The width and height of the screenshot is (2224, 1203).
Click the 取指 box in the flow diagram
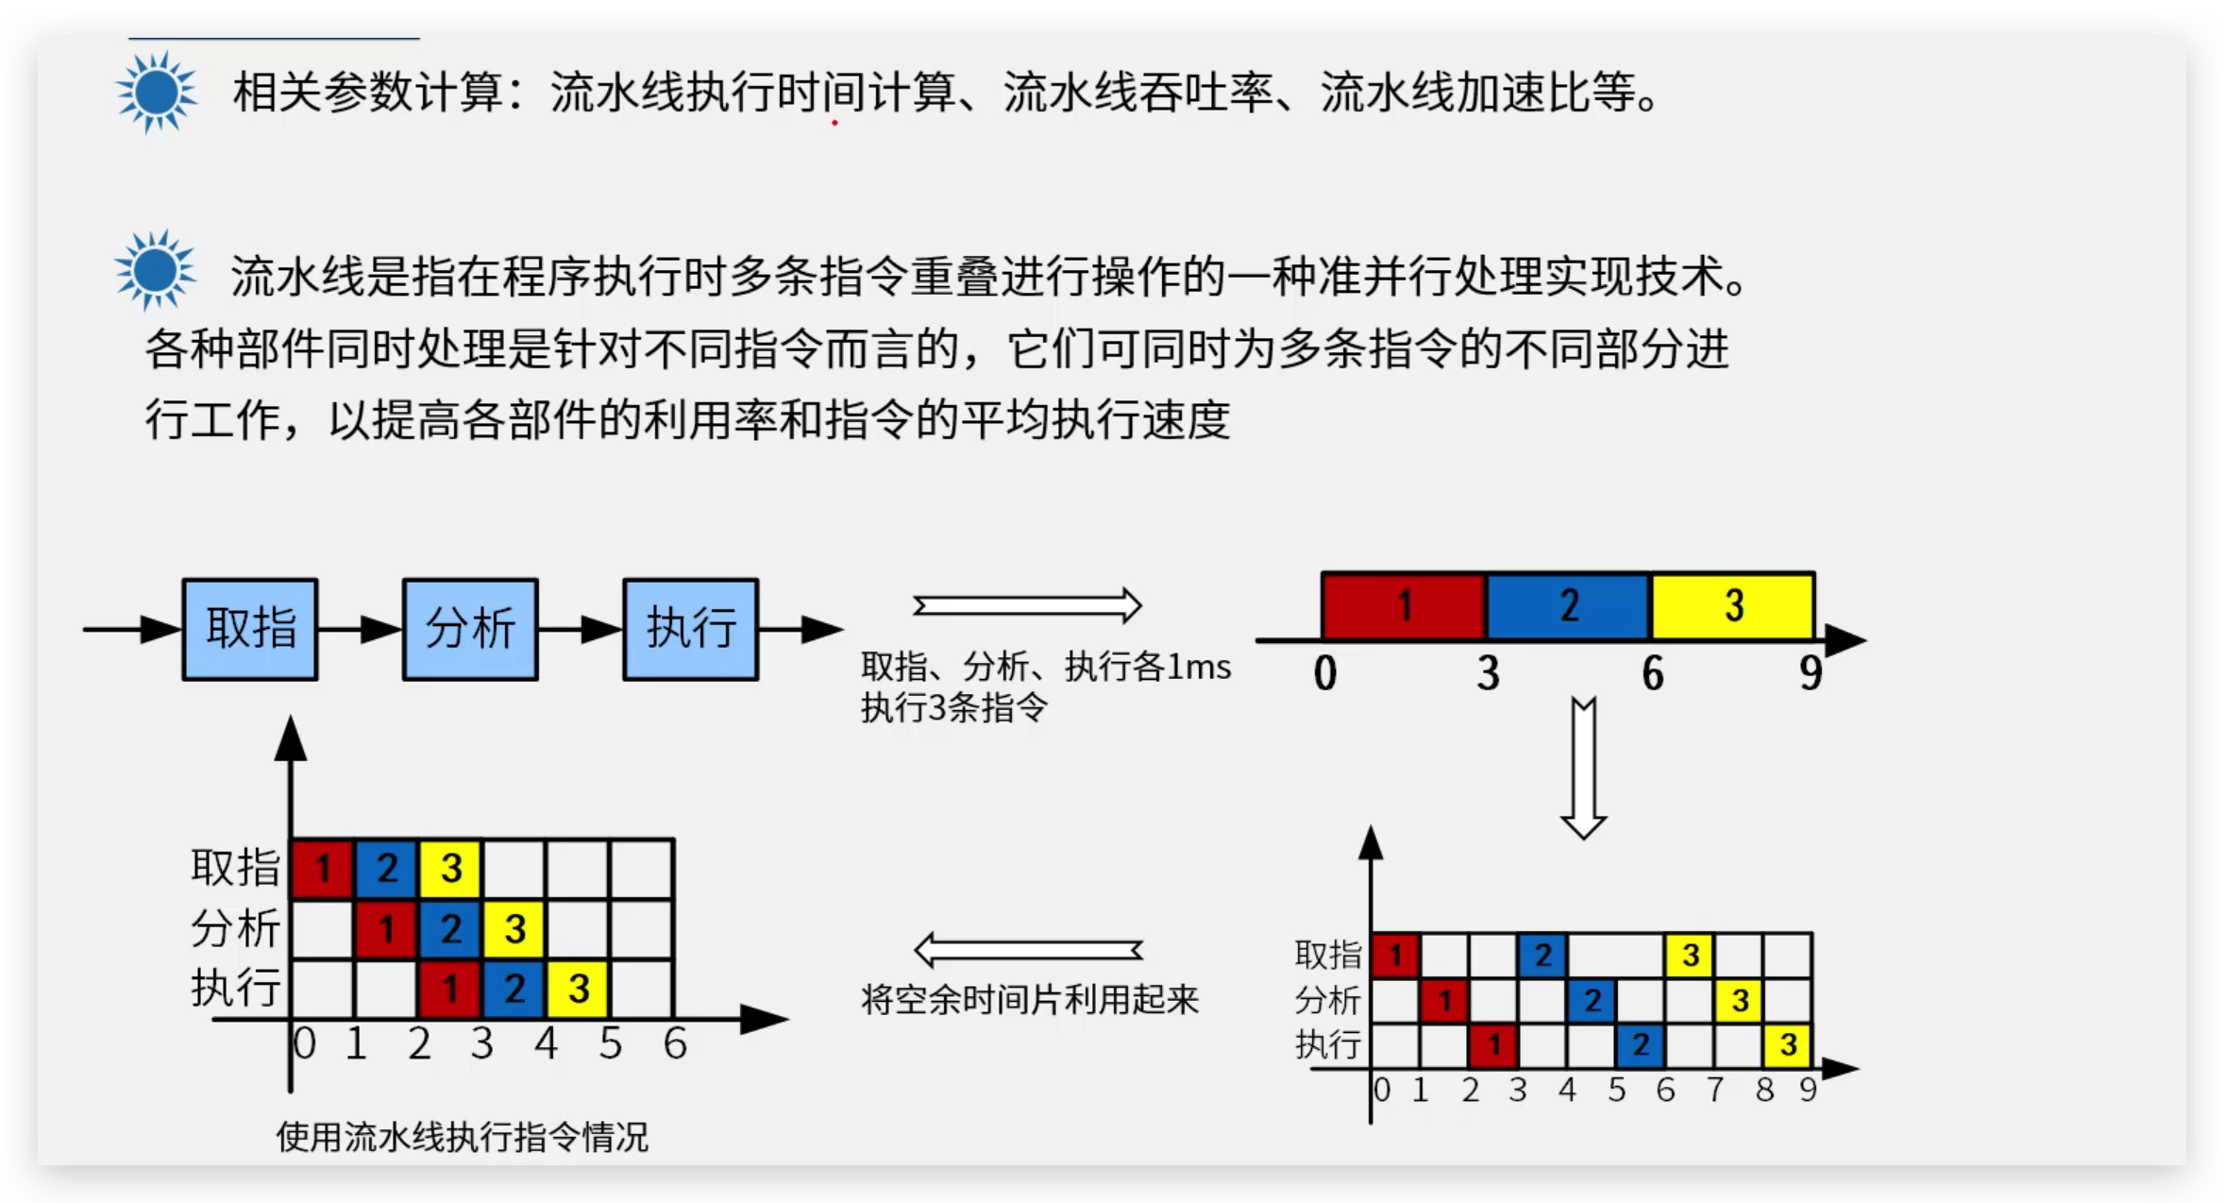pos(250,629)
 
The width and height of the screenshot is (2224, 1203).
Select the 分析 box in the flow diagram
pos(470,629)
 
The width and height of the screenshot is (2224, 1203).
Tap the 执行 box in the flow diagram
pos(691,629)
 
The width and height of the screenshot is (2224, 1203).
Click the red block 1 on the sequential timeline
pos(1404,605)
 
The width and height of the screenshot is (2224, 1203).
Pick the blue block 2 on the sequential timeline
pos(1568,605)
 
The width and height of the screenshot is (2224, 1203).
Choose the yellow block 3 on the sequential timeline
pos(1733,605)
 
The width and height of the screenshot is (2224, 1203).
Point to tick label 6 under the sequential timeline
pos(1652,673)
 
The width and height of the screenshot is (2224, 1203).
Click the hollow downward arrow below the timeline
pos(1584,769)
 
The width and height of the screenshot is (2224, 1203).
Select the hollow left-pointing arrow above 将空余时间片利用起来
pos(1028,950)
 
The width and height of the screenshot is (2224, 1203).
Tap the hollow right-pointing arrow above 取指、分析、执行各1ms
pos(1028,605)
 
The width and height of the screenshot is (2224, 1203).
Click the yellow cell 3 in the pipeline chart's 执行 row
pos(578,989)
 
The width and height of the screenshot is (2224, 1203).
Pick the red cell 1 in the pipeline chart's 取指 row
pos(322,868)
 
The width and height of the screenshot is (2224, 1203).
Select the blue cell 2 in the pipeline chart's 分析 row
pos(450,929)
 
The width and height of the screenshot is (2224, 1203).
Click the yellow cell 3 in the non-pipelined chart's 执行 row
pos(1787,1045)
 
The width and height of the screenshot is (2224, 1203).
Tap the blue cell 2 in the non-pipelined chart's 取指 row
pos(1542,955)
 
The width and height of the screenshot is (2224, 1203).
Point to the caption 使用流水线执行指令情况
pos(463,1137)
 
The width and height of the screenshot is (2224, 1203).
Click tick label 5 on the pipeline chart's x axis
pos(610,1044)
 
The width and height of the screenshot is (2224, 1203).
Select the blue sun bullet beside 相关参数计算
pos(157,93)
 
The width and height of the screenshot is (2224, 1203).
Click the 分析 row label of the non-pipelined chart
pos(1327,1000)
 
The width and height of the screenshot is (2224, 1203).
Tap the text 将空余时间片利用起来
pos(1030,999)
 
